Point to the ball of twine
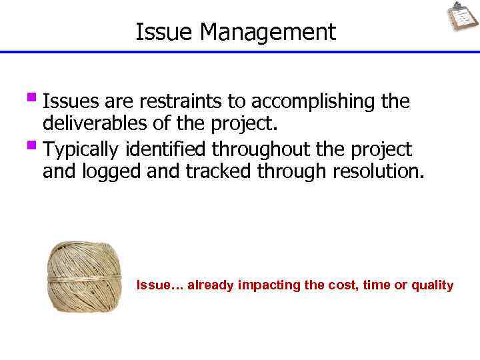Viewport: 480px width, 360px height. [85, 277]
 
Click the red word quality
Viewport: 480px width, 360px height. [432, 285]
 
